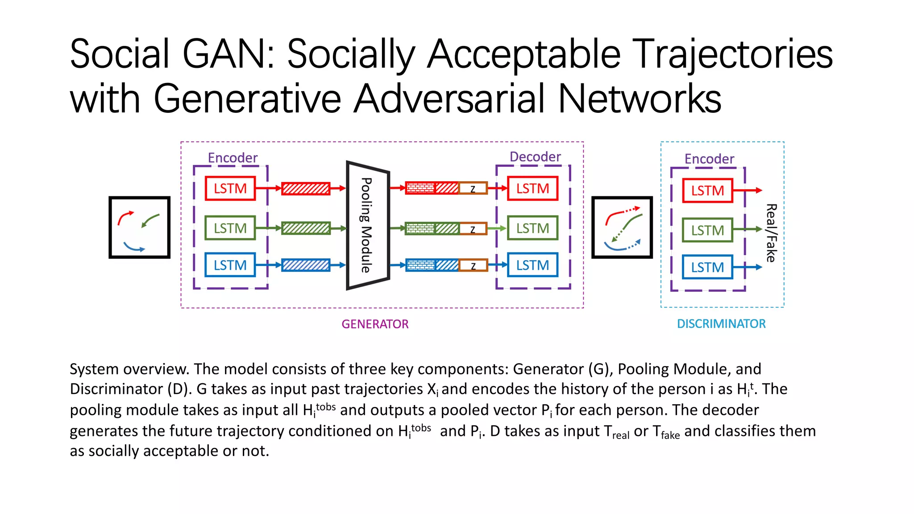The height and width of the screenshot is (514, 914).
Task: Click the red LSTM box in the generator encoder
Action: click(x=230, y=188)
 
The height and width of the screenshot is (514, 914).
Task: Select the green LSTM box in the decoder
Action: click(x=532, y=228)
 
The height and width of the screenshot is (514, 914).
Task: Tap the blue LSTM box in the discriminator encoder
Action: click(x=707, y=267)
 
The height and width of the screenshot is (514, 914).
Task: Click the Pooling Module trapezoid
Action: click(x=368, y=225)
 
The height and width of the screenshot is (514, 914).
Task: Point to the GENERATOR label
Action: click(x=375, y=324)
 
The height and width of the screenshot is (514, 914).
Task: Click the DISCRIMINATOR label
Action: click(x=721, y=323)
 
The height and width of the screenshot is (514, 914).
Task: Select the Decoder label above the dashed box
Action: click(x=535, y=157)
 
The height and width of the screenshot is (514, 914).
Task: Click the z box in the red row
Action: click(x=473, y=188)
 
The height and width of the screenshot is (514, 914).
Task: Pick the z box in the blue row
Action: click(x=473, y=265)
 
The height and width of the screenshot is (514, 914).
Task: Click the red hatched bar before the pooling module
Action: click(x=306, y=188)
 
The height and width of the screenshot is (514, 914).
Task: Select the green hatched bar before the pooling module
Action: click(x=306, y=228)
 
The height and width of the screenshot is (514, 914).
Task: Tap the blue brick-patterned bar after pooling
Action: click(x=420, y=265)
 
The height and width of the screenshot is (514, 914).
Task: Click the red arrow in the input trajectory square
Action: click(x=125, y=217)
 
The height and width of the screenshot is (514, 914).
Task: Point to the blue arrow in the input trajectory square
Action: click(x=134, y=247)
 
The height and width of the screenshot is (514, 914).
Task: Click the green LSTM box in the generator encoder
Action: click(x=230, y=228)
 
